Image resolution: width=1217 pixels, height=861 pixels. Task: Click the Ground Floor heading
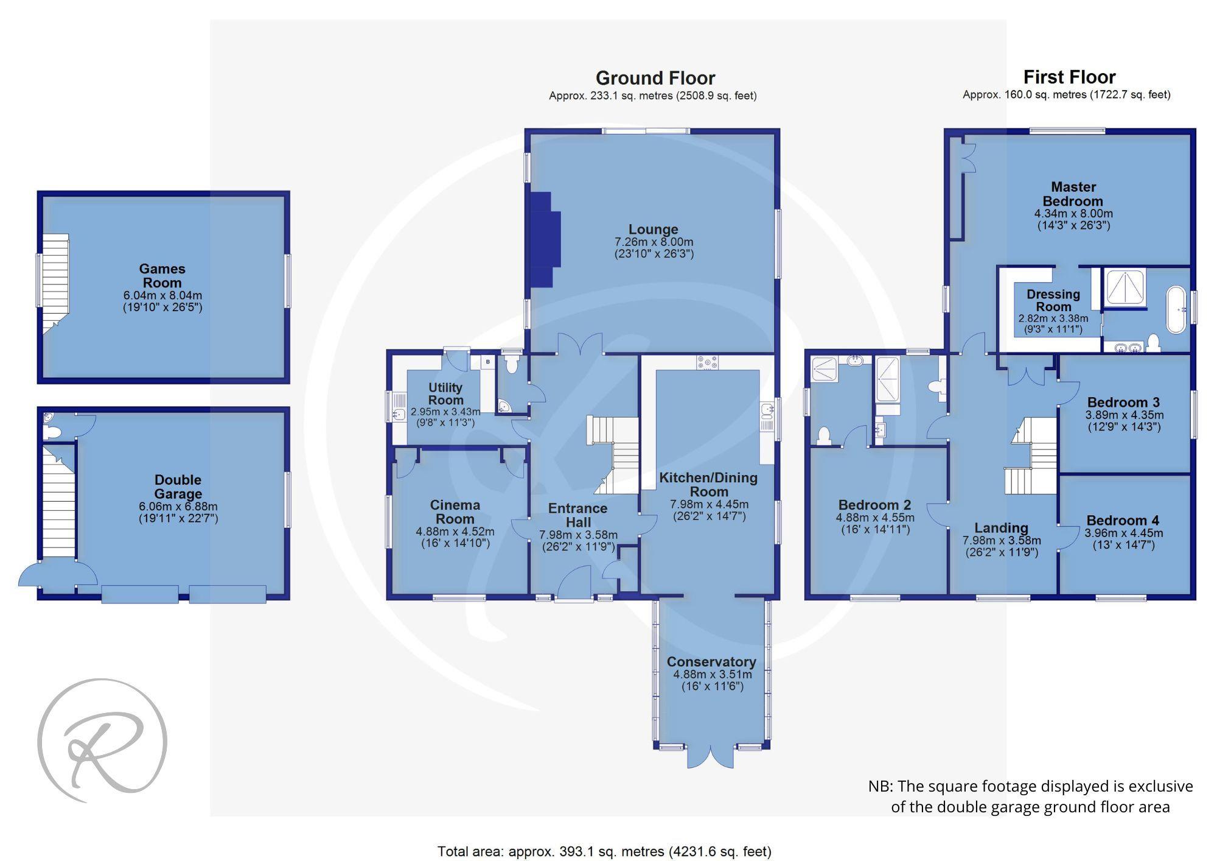[655, 78]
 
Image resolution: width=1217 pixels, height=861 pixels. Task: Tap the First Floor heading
[1069, 77]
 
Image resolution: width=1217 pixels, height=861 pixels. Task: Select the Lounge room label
[653, 230]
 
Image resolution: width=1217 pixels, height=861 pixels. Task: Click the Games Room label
[162, 276]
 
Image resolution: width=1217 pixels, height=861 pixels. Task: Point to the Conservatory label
[711, 662]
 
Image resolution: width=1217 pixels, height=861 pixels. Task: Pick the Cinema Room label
[455, 512]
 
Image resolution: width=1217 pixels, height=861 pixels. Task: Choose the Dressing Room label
[1053, 300]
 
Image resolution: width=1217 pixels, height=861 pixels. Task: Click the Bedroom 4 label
[1123, 521]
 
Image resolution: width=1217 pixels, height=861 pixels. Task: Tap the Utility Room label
[445, 394]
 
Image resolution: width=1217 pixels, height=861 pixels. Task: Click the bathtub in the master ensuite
[1176, 310]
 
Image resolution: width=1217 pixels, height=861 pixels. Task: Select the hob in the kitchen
[706, 362]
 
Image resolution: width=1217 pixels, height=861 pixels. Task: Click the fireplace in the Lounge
[545, 239]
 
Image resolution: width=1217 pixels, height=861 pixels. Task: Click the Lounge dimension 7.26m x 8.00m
[654, 242]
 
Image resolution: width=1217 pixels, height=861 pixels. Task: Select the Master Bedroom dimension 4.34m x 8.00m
[1073, 214]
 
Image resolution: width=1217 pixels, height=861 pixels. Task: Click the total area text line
[604, 851]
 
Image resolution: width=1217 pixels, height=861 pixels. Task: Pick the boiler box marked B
[487, 362]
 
